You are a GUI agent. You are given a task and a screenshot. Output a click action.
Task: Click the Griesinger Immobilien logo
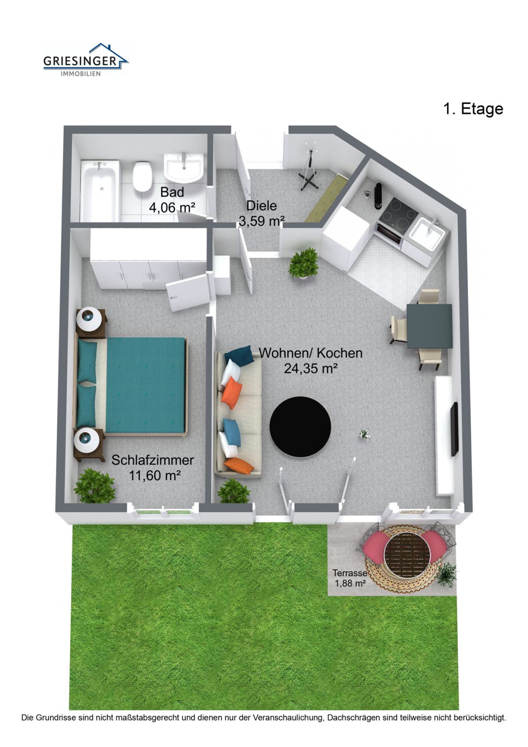point(86,59)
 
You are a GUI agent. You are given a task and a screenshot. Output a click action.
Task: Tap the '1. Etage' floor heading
point(473,109)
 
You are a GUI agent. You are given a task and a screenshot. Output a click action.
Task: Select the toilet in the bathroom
point(143,177)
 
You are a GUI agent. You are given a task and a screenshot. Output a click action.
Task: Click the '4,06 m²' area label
point(172,208)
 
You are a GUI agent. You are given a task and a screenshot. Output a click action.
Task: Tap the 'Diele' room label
point(261,206)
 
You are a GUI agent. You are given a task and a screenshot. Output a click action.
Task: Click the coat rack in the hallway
point(309,171)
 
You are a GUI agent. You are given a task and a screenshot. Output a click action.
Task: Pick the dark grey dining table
point(429,326)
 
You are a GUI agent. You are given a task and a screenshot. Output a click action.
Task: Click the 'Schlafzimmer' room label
point(152,460)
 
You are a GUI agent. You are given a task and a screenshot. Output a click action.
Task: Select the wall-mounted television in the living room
point(454,429)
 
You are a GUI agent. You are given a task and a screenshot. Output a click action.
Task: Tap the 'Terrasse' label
point(350,573)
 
